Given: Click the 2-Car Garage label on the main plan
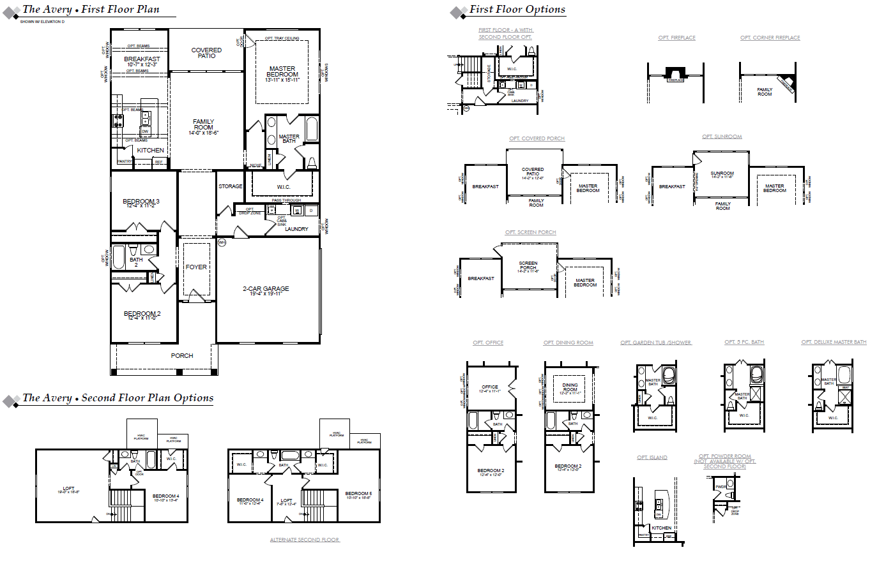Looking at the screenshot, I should pyautogui.click(x=266, y=289).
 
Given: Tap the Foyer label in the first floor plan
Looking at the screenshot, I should pyautogui.click(x=196, y=267).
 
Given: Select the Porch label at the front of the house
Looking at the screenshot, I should pyautogui.click(x=181, y=355).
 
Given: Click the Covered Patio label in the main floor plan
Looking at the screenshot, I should pyautogui.click(x=206, y=53).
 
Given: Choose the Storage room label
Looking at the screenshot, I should pyautogui.click(x=230, y=186).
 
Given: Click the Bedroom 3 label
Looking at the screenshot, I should pyautogui.click(x=141, y=202).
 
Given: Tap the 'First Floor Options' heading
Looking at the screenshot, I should pyautogui.click(x=517, y=10).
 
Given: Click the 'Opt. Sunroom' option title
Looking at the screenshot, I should pyautogui.click(x=722, y=137).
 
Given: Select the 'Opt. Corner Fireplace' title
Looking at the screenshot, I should pyautogui.click(x=770, y=38).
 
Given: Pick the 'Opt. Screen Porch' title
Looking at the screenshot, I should pyautogui.click(x=530, y=232).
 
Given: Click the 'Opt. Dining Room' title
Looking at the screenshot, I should pyautogui.click(x=568, y=343).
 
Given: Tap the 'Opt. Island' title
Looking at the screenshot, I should pyautogui.click(x=652, y=457).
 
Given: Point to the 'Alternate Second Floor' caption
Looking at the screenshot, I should pyautogui.click(x=305, y=540).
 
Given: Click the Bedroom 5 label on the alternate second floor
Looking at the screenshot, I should pyautogui.click(x=358, y=494).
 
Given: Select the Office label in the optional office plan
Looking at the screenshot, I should pyautogui.click(x=490, y=387).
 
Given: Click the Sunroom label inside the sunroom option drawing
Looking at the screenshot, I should pyautogui.click(x=722, y=174).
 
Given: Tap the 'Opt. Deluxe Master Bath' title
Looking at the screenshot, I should pyautogui.click(x=834, y=343).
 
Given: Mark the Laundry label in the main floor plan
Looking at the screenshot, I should pyautogui.click(x=296, y=228).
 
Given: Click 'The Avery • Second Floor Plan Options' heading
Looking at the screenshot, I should pyautogui.click(x=118, y=397).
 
